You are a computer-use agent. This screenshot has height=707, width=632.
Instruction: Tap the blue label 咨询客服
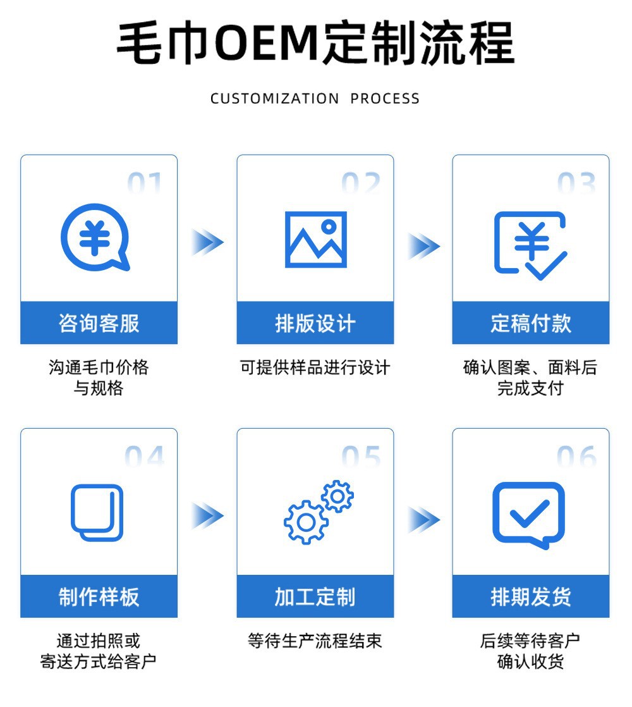99,323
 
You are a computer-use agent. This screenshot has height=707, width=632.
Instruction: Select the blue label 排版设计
315,323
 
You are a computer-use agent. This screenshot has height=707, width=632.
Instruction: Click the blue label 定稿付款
531,323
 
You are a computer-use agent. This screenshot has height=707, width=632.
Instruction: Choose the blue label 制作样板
99,596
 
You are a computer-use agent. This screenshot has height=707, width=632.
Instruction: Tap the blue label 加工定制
315,596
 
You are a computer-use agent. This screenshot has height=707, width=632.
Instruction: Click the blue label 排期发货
531,596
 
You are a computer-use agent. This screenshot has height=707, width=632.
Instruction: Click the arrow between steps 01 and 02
207,242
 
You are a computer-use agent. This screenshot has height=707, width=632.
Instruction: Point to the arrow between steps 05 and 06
423,520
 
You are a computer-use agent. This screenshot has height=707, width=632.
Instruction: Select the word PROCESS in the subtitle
385,98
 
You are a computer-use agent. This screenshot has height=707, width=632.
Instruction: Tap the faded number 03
576,183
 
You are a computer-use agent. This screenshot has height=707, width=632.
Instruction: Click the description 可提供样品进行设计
315,367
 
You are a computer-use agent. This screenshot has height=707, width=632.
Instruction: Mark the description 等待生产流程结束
315,641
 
